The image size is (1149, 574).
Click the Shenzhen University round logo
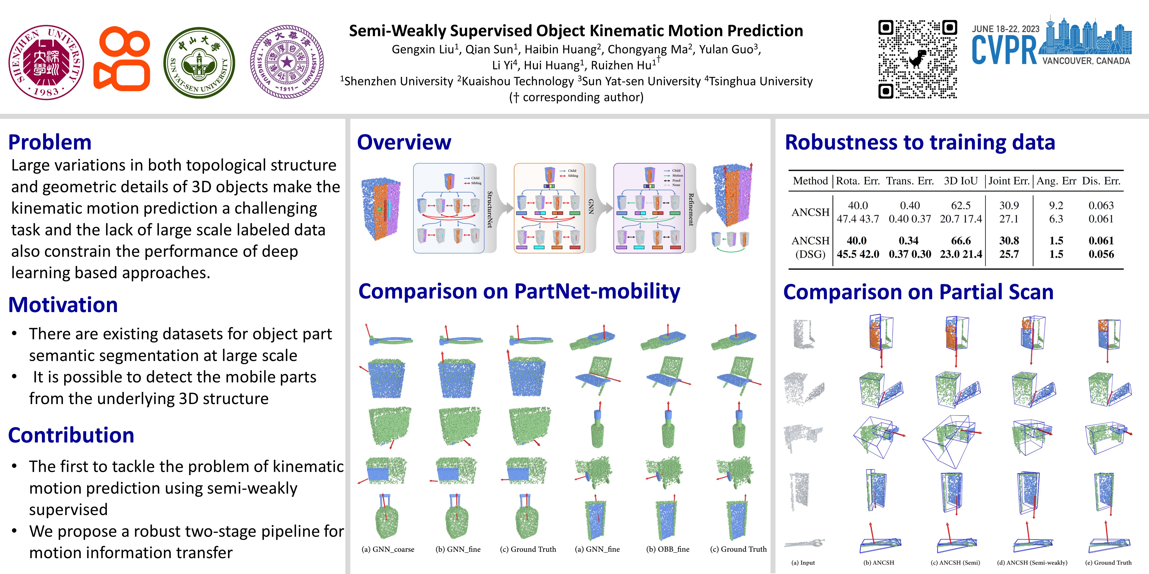tap(46, 62)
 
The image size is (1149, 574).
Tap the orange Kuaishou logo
tap(122, 59)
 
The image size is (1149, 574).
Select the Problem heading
tap(50, 143)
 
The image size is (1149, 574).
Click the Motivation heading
tap(63, 305)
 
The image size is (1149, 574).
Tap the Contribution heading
tap(71, 435)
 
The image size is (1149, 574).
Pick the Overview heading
tap(404, 143)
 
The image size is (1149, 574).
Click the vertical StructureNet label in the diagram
tap(490, 210)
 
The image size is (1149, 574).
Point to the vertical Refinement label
tap(691, 210)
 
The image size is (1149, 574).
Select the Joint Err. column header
tap(1009, 181)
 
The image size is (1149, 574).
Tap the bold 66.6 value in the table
tap(961, 241)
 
